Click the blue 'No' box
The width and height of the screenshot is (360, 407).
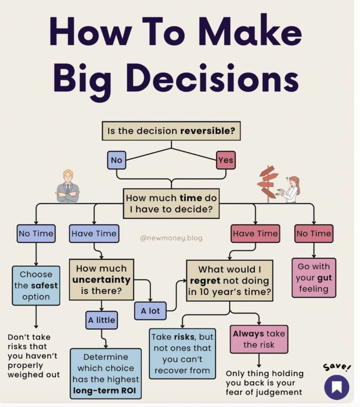click(x=117, y=160)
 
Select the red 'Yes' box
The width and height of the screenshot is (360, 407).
click(x=226, y=160)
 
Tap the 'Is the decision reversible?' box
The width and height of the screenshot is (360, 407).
click(x=171, y=131)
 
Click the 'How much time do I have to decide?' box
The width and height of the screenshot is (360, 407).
click(x=171, y=204)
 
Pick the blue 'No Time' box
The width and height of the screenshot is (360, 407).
click(x=36, y=234)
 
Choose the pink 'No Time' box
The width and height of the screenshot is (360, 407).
click(x=313, y=234)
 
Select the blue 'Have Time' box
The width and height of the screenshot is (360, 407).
click(x=94, y=234)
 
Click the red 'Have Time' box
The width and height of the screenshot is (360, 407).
click(x=255, y=234)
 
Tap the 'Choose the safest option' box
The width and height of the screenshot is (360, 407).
click(x=36, y=286)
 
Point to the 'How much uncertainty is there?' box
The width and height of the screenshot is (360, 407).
click(x=101, y=280)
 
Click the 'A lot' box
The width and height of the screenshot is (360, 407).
click(x=150, y=311)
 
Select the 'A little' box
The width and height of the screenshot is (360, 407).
click(x=101, y=320)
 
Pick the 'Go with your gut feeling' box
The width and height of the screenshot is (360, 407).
click(x=313, y=278)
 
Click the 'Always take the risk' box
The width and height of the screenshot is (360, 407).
click(x=259, y=339)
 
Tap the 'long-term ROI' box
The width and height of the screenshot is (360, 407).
click(x=105, y=374)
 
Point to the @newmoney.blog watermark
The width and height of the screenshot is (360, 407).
click(x=171, y=239)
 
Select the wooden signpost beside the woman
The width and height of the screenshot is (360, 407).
click(x=268, y=183)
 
